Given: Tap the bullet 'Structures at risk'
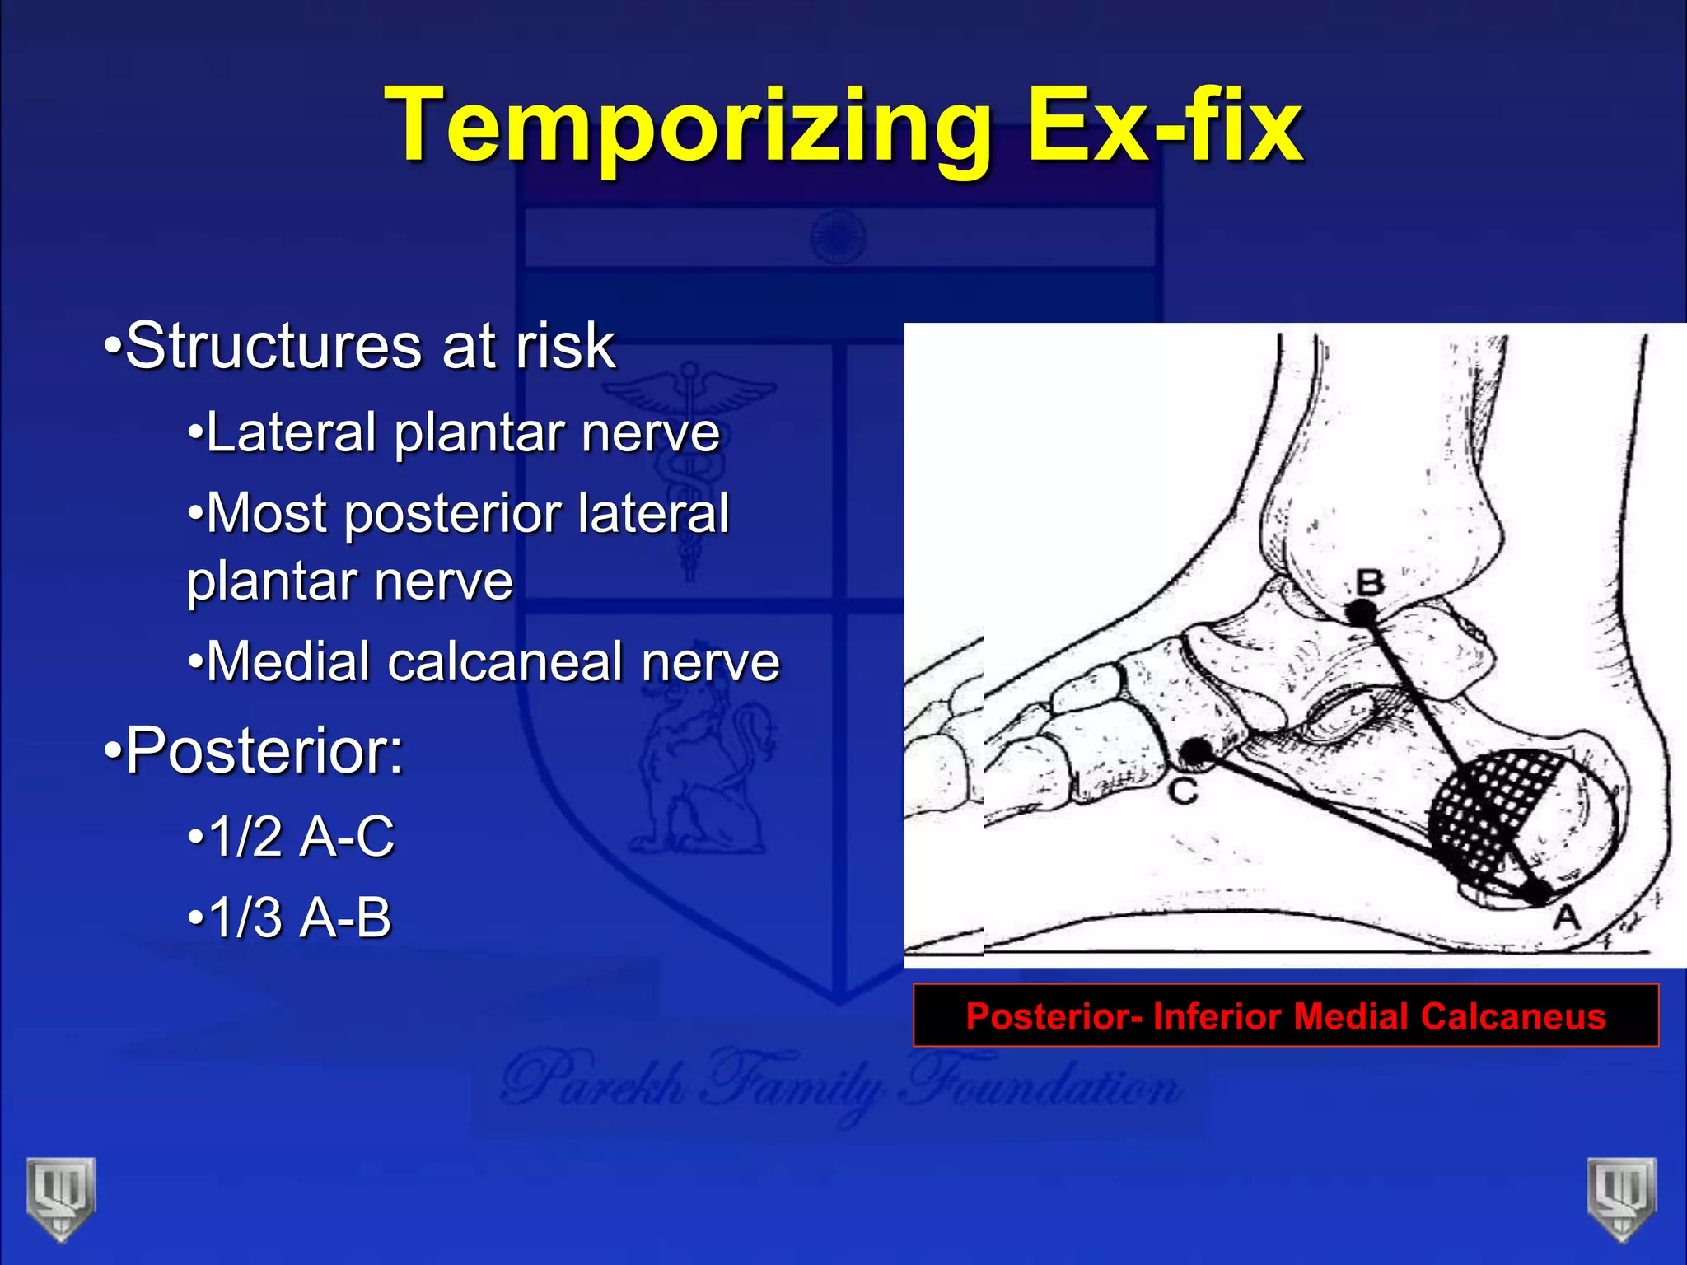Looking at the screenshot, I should click(361, 346).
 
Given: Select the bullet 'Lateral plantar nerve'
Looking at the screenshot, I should click(454, 432).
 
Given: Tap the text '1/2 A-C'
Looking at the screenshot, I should click(292, 837).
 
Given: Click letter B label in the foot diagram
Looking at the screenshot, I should click(1370, 583).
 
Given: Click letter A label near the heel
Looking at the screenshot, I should click(1566, 917).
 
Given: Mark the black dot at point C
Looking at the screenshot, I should click(1197, 750).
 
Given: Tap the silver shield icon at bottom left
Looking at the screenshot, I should click(60, 1198).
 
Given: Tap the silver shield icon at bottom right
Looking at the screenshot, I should click(1622, 1198).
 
